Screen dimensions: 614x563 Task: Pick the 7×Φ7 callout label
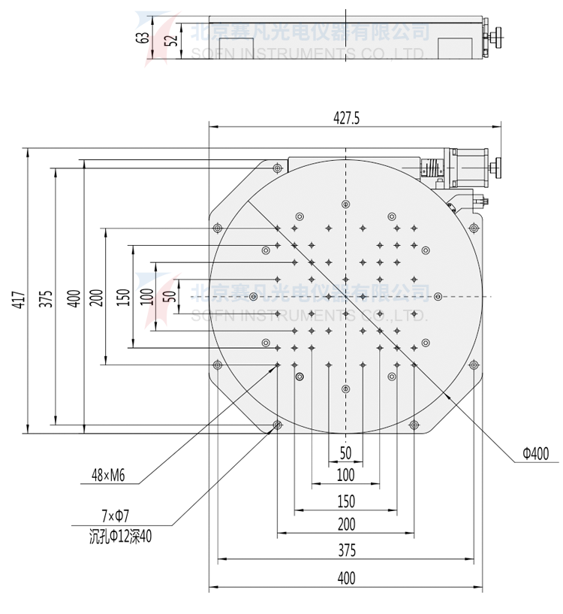tap(114, 516)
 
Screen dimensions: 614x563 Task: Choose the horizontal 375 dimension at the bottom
tap(345, 550)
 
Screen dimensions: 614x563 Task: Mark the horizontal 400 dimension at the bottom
tap(345, 578)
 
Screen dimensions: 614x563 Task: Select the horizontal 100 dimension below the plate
tap(345, 475)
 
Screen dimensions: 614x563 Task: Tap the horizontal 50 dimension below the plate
tap(345, 452)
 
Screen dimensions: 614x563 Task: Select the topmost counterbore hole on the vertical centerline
tap(345, 204)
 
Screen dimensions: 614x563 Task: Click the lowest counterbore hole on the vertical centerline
tap(345, 389)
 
